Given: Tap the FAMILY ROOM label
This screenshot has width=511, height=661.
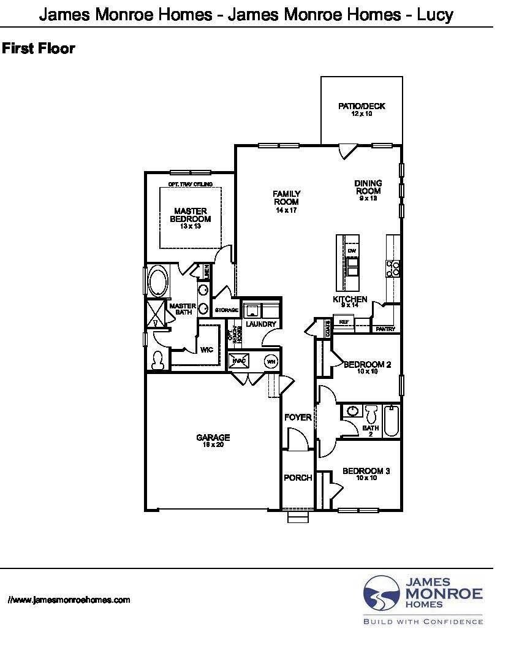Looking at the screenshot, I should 286,198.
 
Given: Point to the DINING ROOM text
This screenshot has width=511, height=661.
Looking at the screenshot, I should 368,187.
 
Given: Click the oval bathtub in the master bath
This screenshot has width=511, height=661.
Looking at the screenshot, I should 157,281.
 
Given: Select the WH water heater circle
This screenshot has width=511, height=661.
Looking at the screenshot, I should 270,361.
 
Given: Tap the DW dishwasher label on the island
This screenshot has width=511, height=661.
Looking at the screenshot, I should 352,251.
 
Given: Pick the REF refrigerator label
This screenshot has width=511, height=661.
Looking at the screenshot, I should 344,321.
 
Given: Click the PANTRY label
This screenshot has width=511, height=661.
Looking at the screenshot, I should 385,329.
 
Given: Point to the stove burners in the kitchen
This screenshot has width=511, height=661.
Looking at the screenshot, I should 393,267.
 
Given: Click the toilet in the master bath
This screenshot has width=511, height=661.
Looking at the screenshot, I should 157,360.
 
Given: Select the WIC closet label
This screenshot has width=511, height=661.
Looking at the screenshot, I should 206,350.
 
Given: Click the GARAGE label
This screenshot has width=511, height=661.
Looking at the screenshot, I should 213,438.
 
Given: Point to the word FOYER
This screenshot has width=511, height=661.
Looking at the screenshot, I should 298,418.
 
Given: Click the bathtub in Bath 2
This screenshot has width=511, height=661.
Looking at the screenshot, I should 392,421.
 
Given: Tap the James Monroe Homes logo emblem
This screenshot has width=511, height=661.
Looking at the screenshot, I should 382,594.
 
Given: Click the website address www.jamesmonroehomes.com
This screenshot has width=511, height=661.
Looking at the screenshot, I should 69,600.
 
